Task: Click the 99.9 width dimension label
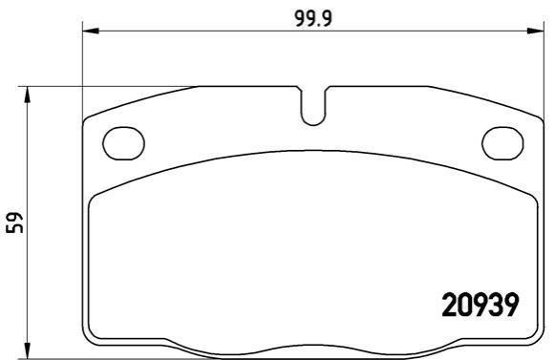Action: click(313, 18)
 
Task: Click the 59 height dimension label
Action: click(15, 222)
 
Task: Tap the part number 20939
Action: click(480, 305)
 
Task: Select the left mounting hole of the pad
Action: click(123, 143)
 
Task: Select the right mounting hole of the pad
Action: click(502, 143)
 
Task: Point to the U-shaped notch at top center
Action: click(313, 124)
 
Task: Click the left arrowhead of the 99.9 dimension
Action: click(90, 31)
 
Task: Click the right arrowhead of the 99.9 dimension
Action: click(536, 31)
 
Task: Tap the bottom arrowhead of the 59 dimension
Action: click(28, 350)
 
